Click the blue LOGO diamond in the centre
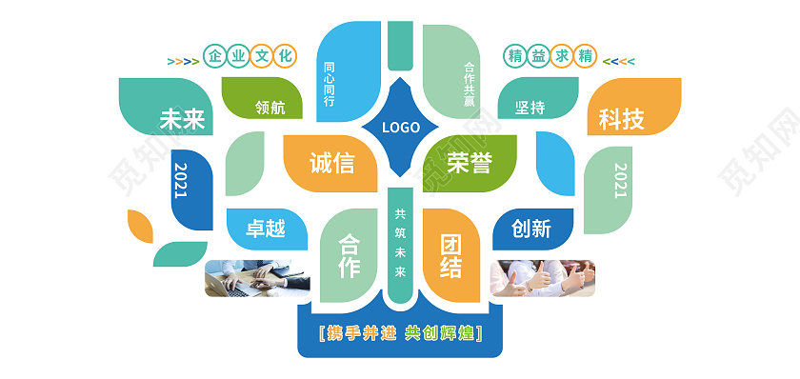[x=400, y=128]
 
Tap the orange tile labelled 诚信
[x=330, y=162]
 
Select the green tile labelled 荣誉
[x=469, y=162]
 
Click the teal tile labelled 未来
[x=181, y=119]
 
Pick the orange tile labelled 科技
[x=622, y=119]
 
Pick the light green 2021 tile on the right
[x=620, y=181]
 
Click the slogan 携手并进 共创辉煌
[x=400, y=333]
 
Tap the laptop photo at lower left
[x=256, y=277]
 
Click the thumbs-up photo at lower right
[x=542, y=277]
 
